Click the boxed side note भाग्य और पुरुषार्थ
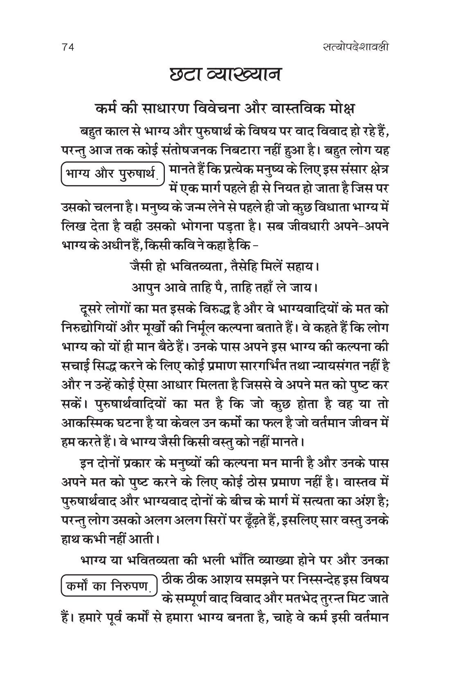coord(112,173)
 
